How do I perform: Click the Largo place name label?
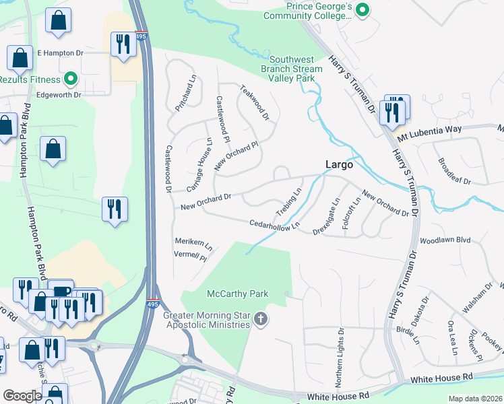pos(340,164)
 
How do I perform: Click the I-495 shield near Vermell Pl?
pos(153,302)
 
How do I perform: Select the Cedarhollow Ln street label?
pos(274,224)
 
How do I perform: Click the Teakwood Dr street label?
pos(255,102)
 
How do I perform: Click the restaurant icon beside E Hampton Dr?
pos(123,44)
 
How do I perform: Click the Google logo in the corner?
pos(22,395)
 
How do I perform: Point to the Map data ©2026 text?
pos(475,399)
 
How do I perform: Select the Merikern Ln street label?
pos(193,246)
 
